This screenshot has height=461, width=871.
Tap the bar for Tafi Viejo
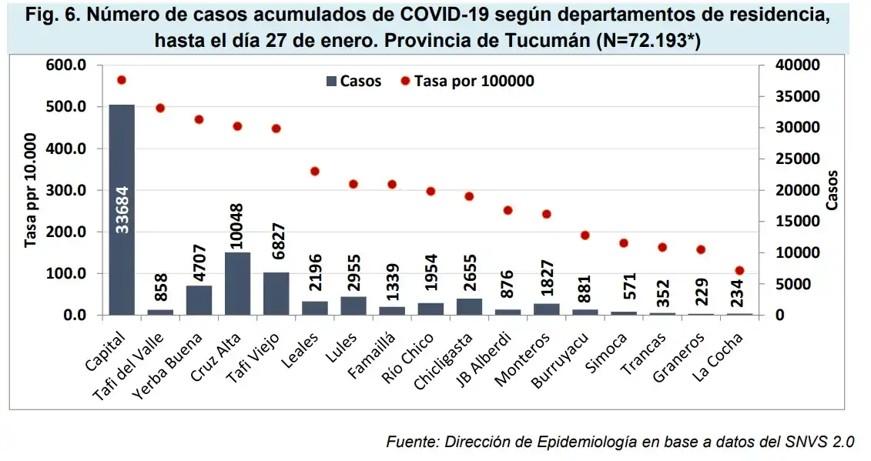(x=276, y=293)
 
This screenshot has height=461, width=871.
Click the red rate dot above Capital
(x=122, y=80)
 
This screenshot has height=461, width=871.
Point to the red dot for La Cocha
(x=739, y=270)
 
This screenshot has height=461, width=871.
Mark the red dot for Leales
(x=314, y=171)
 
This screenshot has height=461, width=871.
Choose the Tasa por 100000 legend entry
(x=467, y=82)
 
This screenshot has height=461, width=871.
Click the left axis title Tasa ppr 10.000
(x=31, y=190)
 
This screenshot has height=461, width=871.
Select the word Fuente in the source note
(x=409, y=442)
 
